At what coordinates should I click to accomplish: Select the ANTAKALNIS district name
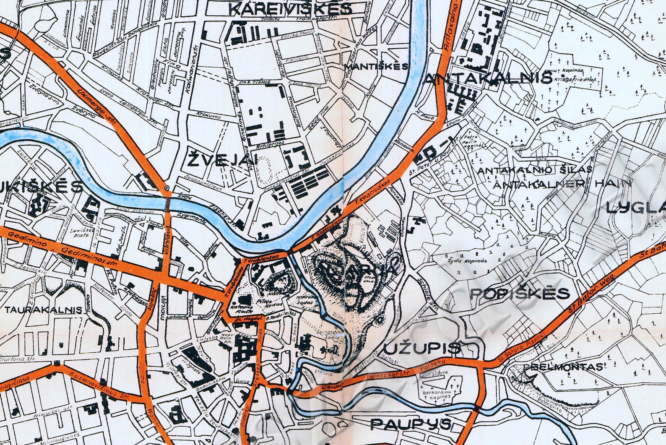coord(489,78)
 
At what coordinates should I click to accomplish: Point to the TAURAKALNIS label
coord(44,310)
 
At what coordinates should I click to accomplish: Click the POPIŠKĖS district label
coord(520,293)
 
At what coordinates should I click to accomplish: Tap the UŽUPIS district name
coord(422,347)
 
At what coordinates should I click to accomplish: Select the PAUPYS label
coord(411,424)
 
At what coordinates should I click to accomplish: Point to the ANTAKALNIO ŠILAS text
coord(535,170)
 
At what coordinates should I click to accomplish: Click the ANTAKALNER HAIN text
coord(562,183)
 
